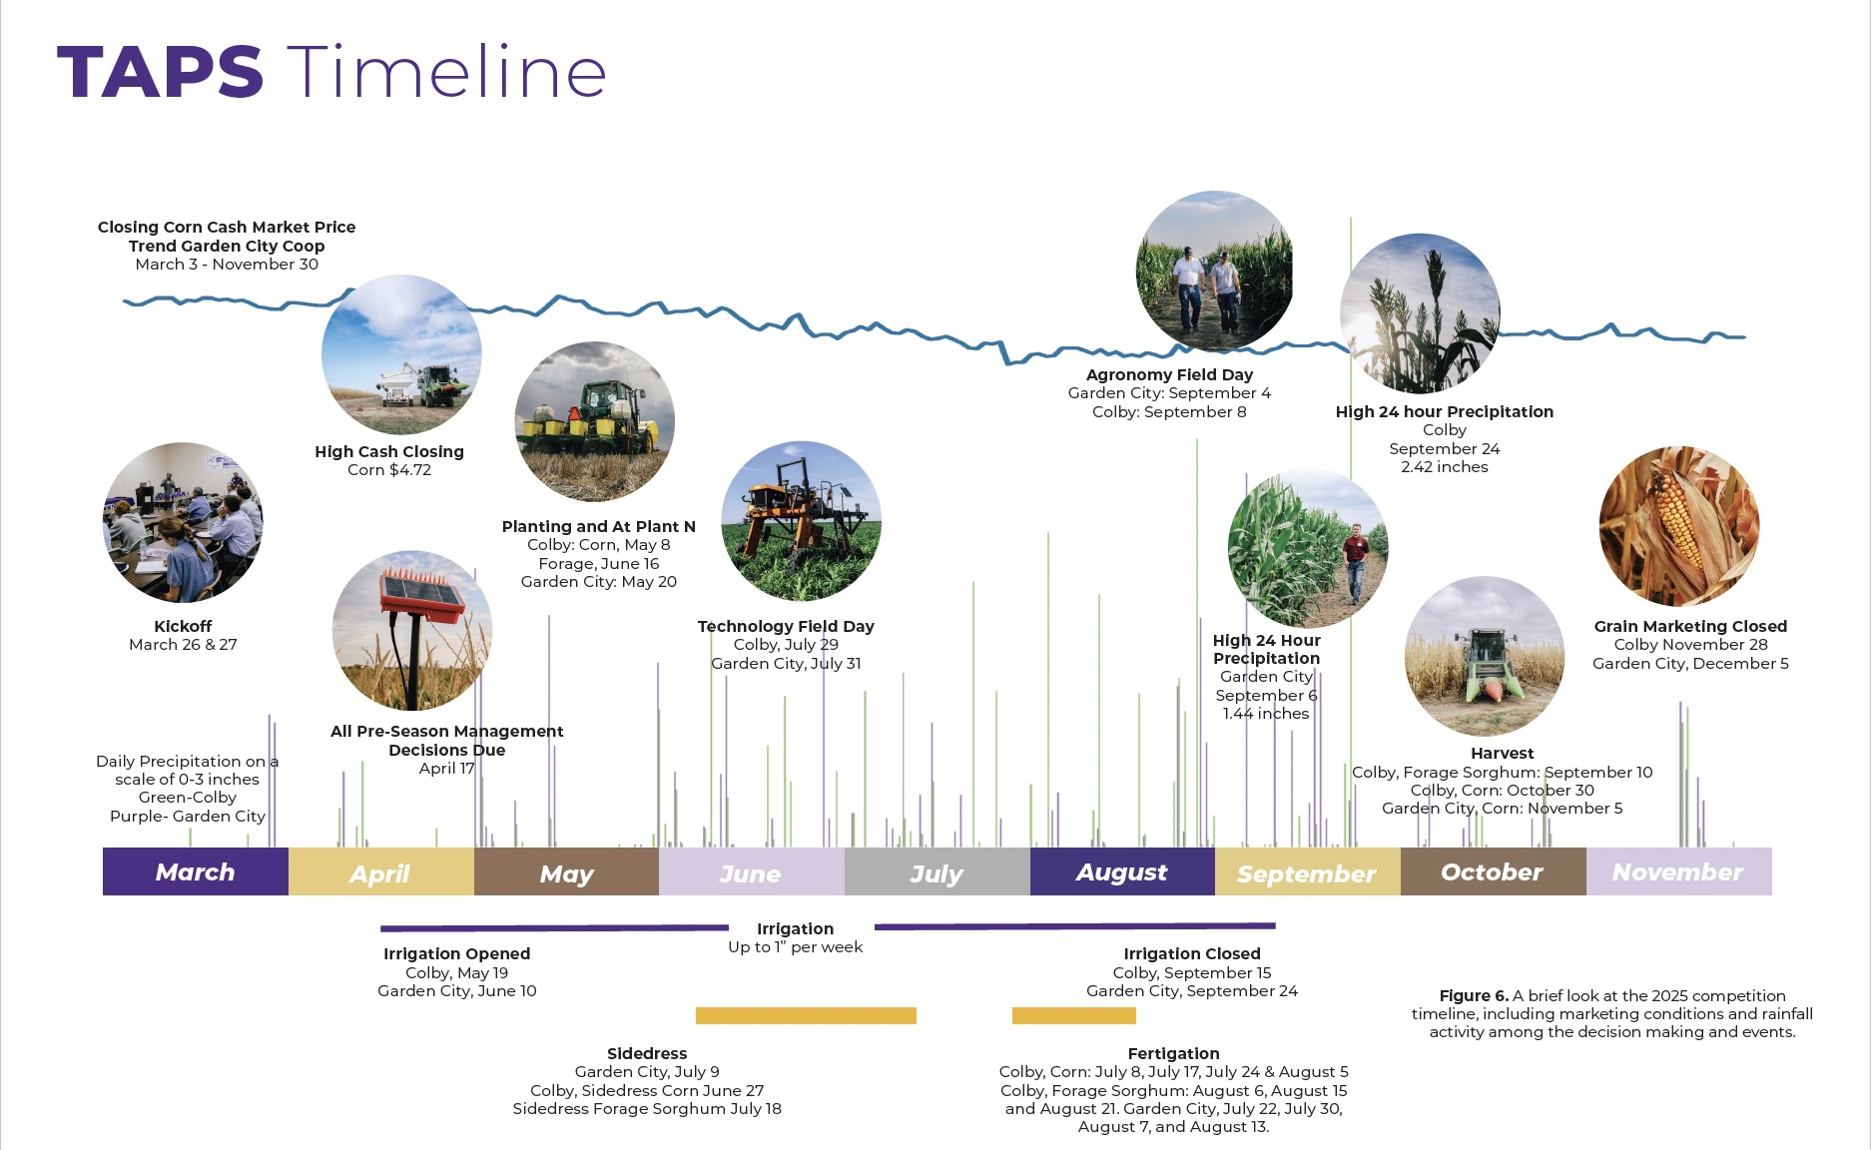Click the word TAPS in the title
point(160,73)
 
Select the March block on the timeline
point(195,871)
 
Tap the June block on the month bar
point(751,872)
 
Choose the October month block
point(1492,871)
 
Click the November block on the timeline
point(1677,871)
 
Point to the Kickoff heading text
point(183,626)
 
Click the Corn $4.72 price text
point(389,470)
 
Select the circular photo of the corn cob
point(1678,526)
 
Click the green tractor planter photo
point(594,421)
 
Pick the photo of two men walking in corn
point(1214,271)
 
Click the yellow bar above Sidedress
point(806,1015)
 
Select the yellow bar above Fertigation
point(1073,1015)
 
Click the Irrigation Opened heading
point(456,953)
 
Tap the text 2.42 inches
point(1444,467)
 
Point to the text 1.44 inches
point(1265,713)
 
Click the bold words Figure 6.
point(1473,995)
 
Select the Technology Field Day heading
point(786,626)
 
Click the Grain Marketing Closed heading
point(1689,626)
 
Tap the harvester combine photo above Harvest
point(1484,656)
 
